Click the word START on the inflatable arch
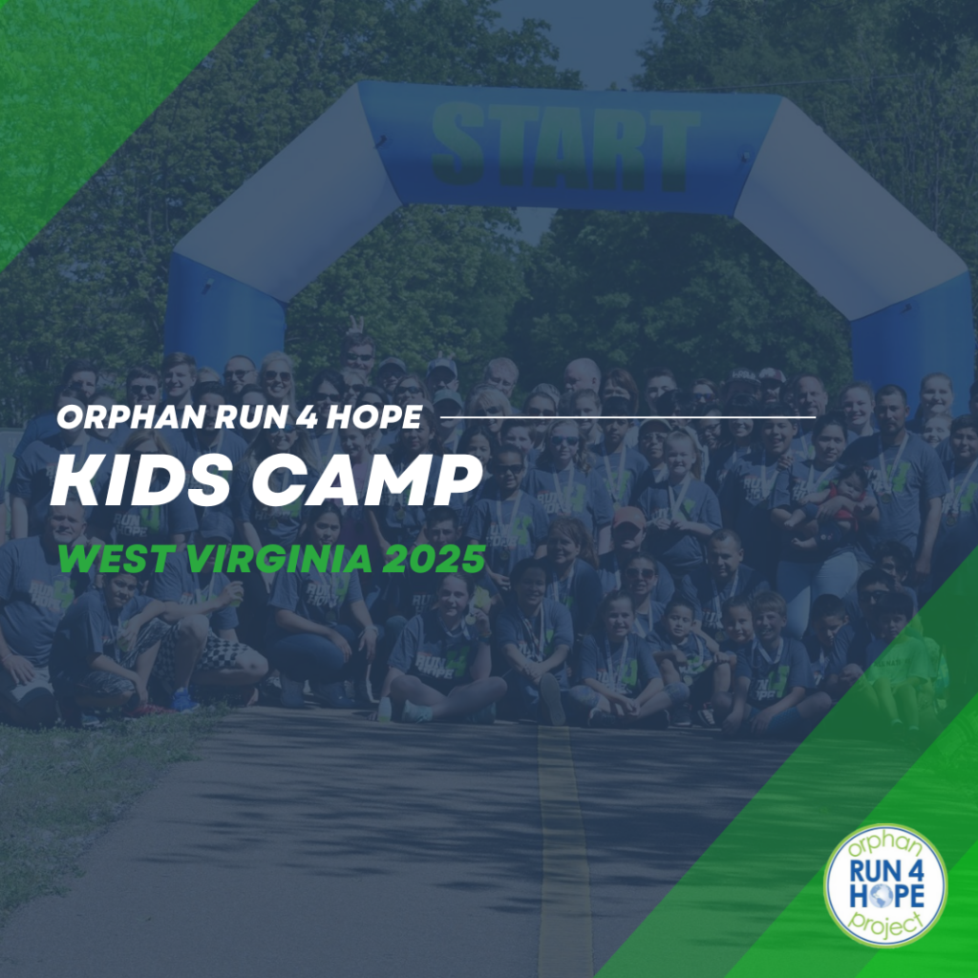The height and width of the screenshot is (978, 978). click(x=565, y=148)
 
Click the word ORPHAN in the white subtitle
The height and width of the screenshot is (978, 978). click(x=132, y=416)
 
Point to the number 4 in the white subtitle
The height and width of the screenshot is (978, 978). click(x=307, y=416)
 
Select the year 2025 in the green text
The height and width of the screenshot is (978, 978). click(x=434, y=559)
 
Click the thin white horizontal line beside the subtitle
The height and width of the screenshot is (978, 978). click(x=628, y=416)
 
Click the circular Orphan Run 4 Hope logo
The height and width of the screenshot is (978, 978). click(x=885, y=885)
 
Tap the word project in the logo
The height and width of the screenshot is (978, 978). click(x=886, y=924)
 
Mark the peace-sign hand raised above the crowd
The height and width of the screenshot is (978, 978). click(x=355, y=325)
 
